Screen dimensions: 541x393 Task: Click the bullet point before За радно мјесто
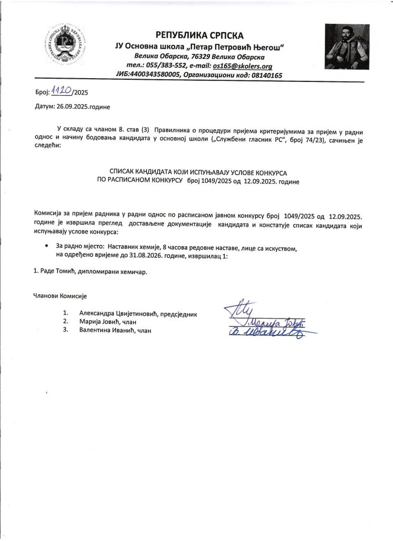point(47,246)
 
